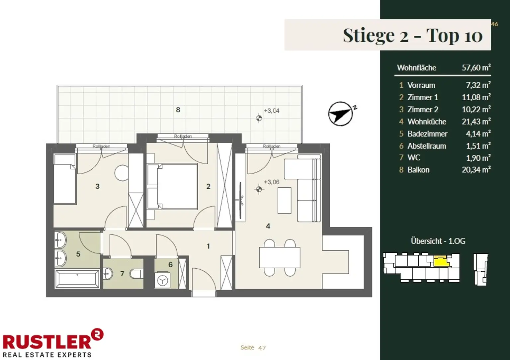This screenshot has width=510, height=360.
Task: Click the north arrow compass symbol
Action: (341, 114)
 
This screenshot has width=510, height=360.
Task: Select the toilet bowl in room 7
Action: (136, 274)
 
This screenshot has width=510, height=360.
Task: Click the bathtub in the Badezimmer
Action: (77, 279)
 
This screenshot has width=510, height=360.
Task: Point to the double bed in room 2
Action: (172, 186)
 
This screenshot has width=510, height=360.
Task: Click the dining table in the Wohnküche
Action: (280, 257)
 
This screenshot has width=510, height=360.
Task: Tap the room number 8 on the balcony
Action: (178, 110)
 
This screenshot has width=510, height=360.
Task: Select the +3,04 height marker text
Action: (271, 111)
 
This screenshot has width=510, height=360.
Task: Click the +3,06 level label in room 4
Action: (271, 182)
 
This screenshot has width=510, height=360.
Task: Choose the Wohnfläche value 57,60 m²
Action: (476, 68)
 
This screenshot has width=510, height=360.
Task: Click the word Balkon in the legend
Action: (418, 170)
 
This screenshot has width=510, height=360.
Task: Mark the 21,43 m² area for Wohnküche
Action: (476, 122)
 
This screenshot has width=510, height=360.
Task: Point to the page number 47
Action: (262, 348)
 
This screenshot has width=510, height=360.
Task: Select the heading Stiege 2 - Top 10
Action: (413, 36)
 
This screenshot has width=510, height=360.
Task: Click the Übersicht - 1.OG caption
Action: (438, 241)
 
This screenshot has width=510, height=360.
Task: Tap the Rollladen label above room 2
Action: (183, 136)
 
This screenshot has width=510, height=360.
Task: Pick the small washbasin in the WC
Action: (108, 274)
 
